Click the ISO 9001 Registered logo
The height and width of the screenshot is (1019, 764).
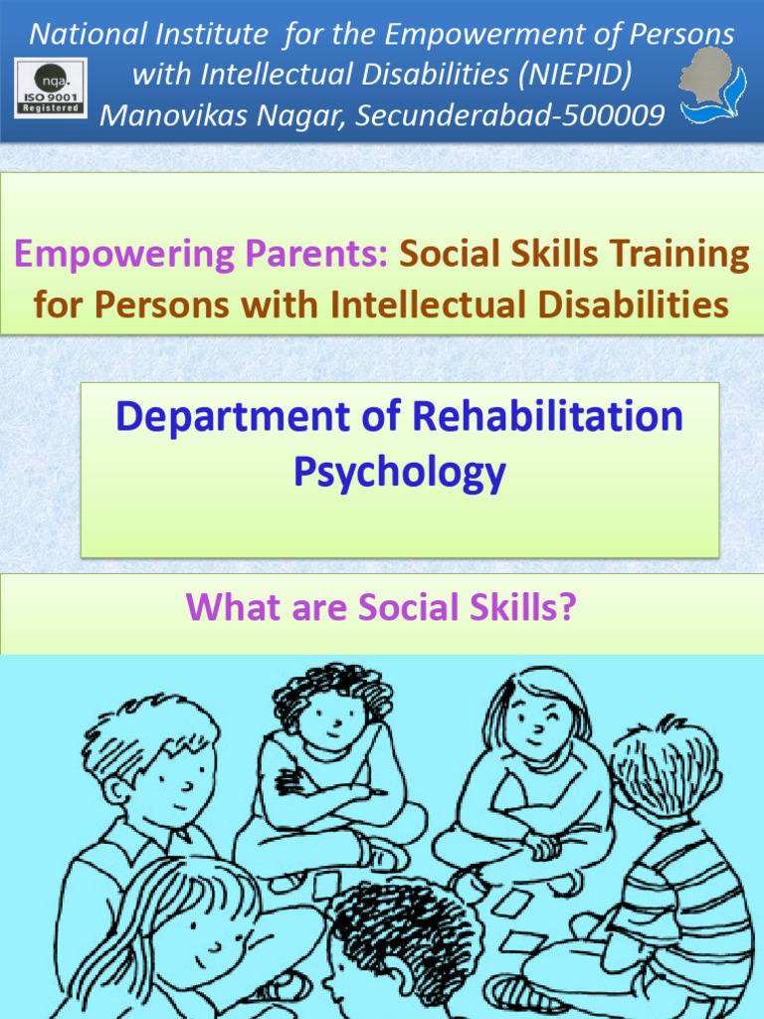[x=51, y=88]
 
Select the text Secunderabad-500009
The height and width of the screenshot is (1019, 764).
[x=510, y=115]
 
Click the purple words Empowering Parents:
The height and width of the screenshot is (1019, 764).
[x=202, y=255]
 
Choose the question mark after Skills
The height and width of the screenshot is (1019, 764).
[x=569, y=605]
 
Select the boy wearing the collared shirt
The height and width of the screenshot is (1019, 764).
[x=149, y=806]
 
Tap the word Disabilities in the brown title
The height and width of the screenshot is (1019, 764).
[x=635, y=303]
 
